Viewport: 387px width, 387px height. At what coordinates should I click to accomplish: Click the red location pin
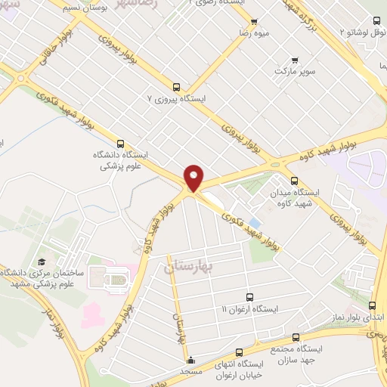coord(194,178)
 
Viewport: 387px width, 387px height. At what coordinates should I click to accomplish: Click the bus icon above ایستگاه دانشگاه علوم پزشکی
coord(120,143)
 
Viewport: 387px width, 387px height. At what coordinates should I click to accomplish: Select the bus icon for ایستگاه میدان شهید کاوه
coord(295,181)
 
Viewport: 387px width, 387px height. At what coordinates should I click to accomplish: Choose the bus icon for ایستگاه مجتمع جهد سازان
coord(296,338)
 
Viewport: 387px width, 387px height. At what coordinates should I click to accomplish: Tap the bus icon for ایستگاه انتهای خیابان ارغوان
coord(239,352)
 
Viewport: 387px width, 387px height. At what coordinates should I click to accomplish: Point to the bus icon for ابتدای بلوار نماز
coord(371,305)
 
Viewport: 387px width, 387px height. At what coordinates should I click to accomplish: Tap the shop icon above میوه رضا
coord(253,23)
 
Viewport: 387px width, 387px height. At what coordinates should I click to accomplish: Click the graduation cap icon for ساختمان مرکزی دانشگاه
coord(42,262)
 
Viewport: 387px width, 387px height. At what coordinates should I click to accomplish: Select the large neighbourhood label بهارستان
coord(189,267)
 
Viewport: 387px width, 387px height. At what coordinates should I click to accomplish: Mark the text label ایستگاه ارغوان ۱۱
coord(250,310)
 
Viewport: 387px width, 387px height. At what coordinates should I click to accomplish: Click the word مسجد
coord(190,371)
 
